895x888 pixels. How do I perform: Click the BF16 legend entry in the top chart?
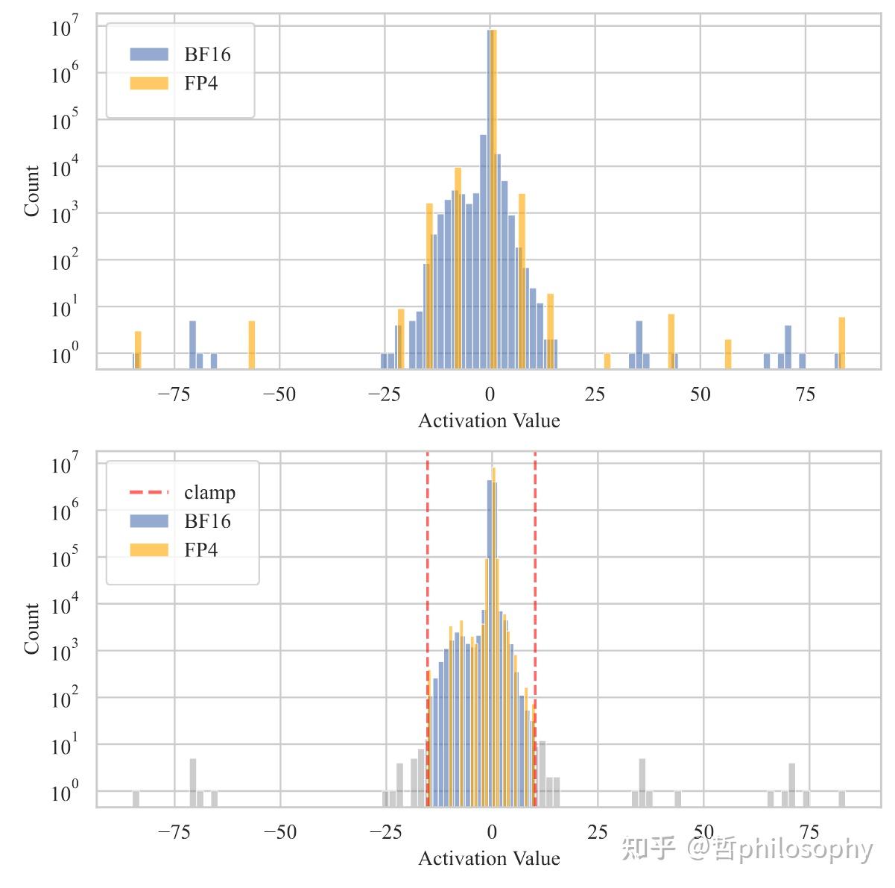(180, 54)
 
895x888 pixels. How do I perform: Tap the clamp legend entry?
(183, 492)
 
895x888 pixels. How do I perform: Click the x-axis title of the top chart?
(489, 421)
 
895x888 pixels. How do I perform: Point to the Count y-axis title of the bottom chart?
(31, 629)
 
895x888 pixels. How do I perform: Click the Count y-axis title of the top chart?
(31, 191)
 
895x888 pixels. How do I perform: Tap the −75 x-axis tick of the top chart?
(174, 394)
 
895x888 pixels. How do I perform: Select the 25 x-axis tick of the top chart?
(595, 394)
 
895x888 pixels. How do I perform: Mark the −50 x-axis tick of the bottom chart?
(280, 832)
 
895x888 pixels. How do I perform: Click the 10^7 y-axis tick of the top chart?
(64, 29)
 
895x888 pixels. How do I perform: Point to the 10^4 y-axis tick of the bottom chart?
(64, 605)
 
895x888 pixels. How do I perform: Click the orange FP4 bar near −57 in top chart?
(252, 344)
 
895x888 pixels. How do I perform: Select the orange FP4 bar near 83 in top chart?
(841, 343)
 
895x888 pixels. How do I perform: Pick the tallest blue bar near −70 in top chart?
(192, 344)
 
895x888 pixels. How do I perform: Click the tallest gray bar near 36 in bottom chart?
(642, 782)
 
